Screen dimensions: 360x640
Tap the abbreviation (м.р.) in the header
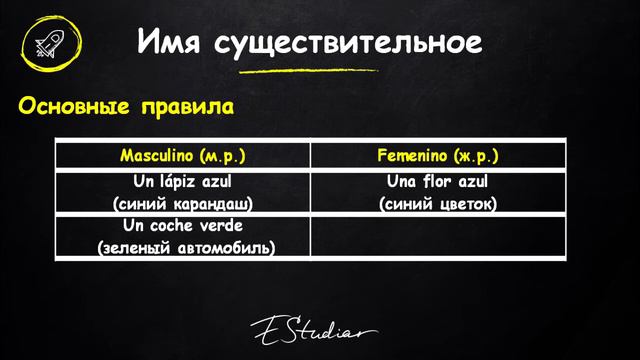tap(222, 157)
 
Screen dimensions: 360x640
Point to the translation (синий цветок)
tap(439, 204)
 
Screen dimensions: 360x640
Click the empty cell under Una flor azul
tap(438, 236)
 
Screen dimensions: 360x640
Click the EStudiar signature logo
tap(313, 331)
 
